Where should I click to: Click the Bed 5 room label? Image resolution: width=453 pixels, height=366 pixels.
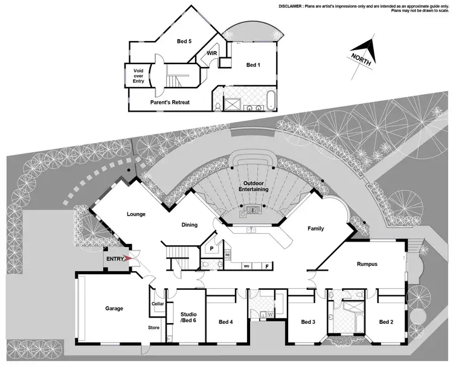[x=184, y=42]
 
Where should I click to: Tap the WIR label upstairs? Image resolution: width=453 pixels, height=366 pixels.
[x=212, y=53]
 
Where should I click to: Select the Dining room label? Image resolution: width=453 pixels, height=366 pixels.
[x=190, y=225]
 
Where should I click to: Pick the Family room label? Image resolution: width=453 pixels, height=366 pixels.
[x=315, y=228]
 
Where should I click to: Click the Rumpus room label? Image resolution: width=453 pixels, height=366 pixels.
[x=367, y=263]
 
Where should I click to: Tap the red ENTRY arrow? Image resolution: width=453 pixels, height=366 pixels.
[x=127, y=259]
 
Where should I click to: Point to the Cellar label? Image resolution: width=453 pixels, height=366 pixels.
[x=158, y=303]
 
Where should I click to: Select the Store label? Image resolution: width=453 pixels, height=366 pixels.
[x=154, y=328]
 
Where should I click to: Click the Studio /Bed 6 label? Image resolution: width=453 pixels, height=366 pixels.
[x=189, y=316]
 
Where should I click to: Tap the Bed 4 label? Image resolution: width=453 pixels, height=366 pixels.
[x=226, y=321]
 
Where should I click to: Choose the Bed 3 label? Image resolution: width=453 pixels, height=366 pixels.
[x=308, y=321]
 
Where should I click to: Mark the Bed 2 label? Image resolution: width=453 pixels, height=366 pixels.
[x=386, y=321]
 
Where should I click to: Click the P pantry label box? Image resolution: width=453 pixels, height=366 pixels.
[x=212, y=248]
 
